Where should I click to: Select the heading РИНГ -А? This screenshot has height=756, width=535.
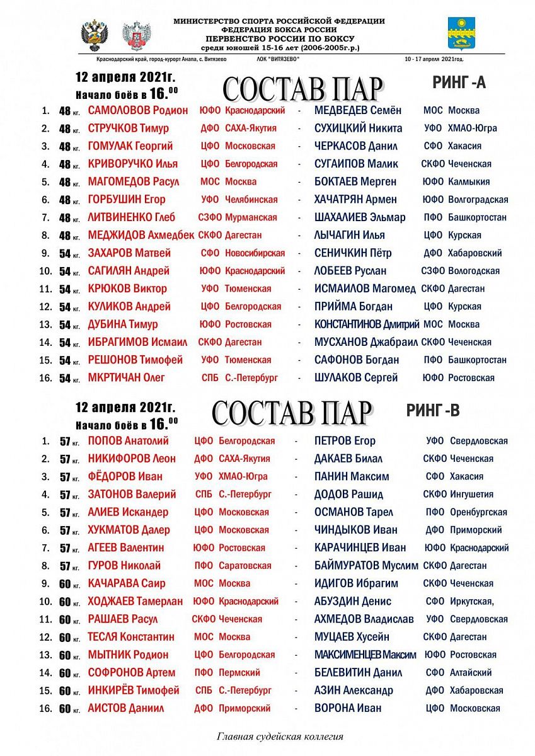459,82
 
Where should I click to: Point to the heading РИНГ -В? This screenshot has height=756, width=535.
432,411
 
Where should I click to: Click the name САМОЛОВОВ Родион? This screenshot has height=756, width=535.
137,110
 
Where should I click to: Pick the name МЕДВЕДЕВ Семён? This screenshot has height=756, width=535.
357,110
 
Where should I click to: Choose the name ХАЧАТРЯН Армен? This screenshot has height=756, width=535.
355,200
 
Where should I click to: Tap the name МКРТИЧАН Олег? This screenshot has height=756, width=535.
126,378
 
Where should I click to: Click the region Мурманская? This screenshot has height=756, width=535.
251,217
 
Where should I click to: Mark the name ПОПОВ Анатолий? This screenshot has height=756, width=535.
128,441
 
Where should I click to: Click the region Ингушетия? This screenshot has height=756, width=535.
471,495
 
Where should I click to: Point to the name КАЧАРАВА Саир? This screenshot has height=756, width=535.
126,583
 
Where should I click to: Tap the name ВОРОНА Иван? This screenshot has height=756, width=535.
348,708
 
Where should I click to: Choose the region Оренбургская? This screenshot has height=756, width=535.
478,512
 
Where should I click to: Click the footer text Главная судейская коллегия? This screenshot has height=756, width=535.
280,736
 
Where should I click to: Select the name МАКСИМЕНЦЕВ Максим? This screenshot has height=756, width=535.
365,655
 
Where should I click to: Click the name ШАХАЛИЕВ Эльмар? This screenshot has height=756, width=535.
360,217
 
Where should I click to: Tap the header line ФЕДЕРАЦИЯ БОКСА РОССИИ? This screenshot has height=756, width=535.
279,30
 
